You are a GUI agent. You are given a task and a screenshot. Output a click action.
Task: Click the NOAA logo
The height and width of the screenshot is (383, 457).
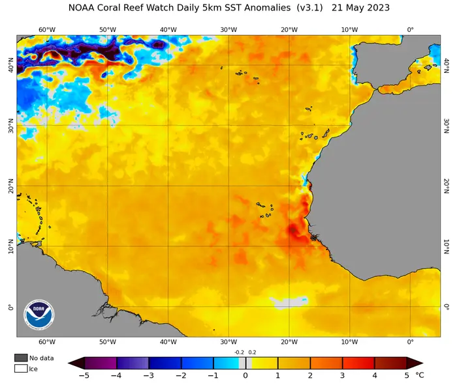(39, 315)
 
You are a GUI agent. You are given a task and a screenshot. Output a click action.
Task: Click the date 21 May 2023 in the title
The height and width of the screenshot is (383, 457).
(360, 8)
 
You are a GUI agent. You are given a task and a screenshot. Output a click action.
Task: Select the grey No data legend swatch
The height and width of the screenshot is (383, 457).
(21, 358)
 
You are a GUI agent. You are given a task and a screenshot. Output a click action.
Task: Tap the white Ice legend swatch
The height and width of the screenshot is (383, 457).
(21, 369)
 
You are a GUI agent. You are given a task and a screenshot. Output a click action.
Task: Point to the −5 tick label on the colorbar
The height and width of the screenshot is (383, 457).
(84, 375)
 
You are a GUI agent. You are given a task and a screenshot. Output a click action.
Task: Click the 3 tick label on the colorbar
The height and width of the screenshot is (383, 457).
(342, 375)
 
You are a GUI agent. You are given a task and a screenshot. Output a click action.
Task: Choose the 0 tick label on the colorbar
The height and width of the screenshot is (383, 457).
(245, 375)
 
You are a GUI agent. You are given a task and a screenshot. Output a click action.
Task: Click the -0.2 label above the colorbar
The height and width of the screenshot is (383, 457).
(240, 352)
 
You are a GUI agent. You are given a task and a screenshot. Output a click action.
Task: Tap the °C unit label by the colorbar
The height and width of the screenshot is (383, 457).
(420, 375)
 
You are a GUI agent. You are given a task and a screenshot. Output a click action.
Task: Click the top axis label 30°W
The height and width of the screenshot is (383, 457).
(228, 30)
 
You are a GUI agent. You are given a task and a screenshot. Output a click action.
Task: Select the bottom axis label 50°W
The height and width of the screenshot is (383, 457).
(108, 342)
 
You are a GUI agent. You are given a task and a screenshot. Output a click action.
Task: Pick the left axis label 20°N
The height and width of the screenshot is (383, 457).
(11, 186)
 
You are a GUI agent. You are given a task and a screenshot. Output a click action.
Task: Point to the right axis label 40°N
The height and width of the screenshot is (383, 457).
(446, 65)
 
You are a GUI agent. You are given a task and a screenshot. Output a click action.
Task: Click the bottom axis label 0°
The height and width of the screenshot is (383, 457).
(411, 342)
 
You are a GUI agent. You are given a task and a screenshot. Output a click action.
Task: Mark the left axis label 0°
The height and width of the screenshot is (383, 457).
(11, 307)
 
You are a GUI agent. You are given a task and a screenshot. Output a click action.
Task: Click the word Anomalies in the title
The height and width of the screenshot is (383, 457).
(267, 8)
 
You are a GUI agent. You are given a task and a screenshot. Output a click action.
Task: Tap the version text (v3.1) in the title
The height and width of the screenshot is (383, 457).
(310, 8)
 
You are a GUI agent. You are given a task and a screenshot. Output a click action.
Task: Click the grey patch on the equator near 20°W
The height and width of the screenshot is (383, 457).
(287, 302)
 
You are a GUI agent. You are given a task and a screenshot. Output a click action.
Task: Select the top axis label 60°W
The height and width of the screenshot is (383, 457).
(47, 30)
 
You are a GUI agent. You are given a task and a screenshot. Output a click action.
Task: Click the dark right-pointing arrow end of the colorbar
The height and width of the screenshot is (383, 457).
(415, 363)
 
